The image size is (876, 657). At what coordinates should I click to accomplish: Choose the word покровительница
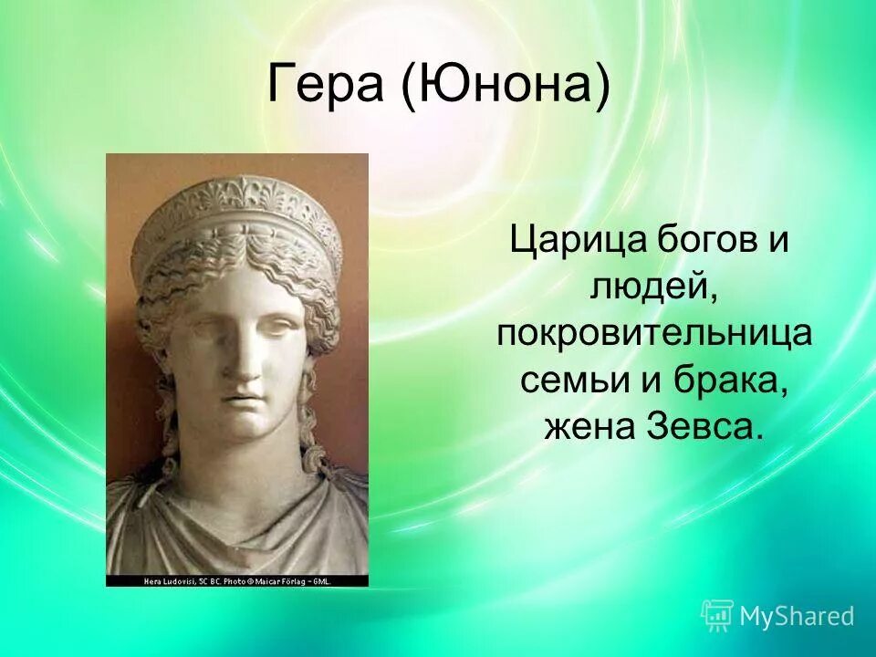pyautogui.click(x=653, y=334)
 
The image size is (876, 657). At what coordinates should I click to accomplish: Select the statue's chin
pyautogui.click(x=243, y=425)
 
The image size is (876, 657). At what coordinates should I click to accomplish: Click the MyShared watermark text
pyautogui.click(x=797, y=616)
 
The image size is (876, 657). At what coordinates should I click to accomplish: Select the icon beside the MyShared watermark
pyautogui.click(x=717, y=616)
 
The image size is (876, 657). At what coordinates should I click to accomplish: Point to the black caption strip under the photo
pyautogui.click(x=237, y=580)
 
